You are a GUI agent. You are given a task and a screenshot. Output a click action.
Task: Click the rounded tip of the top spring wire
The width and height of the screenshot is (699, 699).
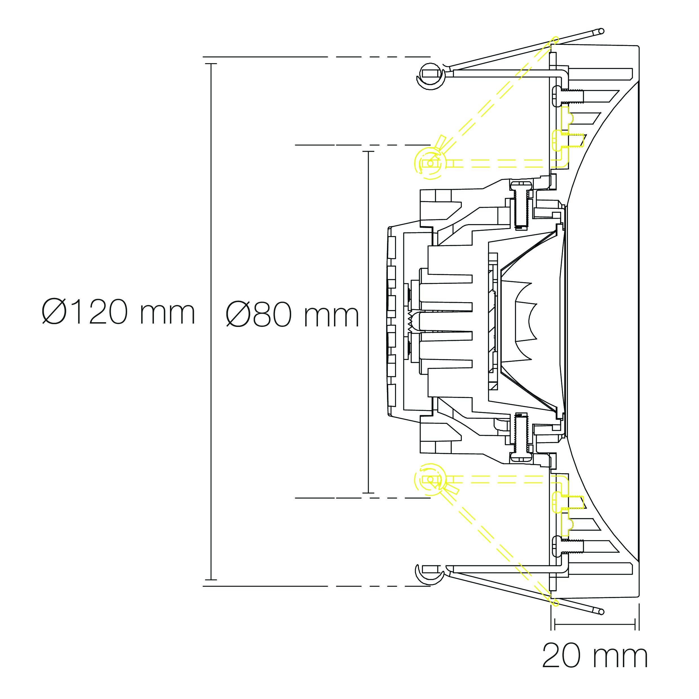point(601,32)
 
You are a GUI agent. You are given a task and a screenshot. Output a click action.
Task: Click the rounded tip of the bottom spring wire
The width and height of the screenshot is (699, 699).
point(601,612)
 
